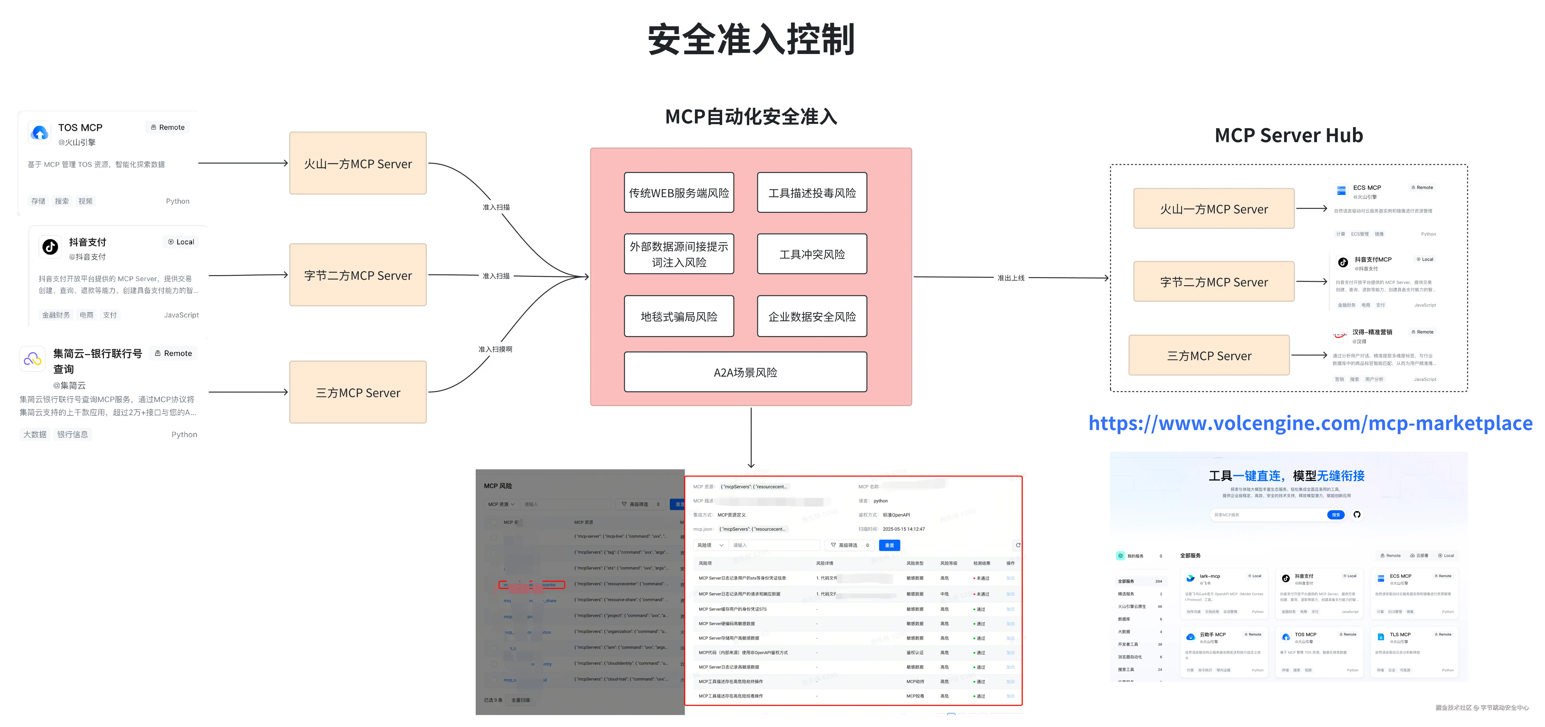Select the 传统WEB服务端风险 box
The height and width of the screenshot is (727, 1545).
point(679,193)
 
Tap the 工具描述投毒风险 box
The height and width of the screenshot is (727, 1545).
point(812,193)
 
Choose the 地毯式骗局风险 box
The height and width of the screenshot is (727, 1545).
point(679,316)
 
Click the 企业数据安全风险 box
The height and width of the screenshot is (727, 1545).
point(812,316)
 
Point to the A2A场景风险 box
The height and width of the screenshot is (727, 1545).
point(746,372)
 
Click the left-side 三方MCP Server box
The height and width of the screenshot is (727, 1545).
point(358,392)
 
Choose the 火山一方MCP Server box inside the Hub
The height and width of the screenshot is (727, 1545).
point(1214,209)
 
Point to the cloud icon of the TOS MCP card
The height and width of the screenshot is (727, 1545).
point(40,132)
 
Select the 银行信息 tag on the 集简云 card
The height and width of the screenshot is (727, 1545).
point(73,434)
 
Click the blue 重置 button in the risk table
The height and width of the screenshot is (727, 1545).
point(889,545)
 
